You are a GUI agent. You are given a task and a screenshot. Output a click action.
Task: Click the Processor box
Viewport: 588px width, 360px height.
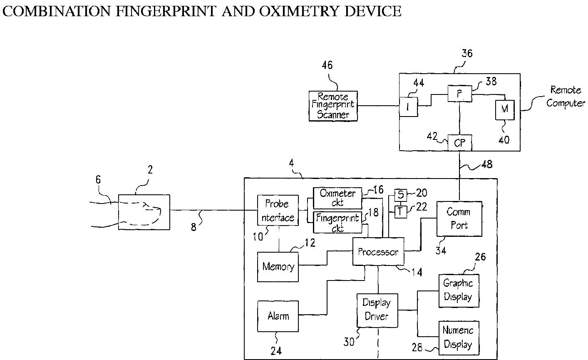click(378, 251)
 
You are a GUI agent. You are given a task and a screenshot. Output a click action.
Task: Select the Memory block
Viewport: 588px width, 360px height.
click(278, 267)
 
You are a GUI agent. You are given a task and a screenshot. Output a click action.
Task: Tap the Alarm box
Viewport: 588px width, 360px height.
click(278, 316)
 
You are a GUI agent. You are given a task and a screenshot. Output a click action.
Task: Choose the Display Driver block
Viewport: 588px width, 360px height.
click(377, 310)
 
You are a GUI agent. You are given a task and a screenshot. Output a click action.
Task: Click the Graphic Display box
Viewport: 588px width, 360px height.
click(459, 290)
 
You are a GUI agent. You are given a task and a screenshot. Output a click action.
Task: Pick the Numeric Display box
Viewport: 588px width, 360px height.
click(459, 338)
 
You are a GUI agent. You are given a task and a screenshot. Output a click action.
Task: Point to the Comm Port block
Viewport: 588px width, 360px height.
click(459, 219)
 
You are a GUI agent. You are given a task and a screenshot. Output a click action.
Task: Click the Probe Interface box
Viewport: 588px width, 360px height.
click(278, 210)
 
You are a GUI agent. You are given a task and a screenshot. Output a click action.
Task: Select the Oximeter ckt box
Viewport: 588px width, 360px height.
click(337, 198)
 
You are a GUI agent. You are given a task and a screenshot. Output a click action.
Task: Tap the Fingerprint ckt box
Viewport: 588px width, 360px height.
click(337, 222)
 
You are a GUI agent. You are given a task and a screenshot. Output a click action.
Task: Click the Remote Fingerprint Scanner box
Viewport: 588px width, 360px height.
click(333, 106)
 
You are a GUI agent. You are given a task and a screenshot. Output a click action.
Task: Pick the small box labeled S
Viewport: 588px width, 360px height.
click(401, 195)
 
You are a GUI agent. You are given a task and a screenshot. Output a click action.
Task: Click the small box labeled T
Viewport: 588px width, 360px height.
click(401, 212)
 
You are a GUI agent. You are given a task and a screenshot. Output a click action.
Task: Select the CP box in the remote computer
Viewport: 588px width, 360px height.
click(459, 143)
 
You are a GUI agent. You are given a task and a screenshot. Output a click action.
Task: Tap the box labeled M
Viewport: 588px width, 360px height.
click(505, 110)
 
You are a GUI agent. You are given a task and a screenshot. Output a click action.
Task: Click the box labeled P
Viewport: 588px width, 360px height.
click(460, 94)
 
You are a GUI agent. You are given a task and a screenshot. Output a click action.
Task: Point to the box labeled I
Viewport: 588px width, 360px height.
click(409, 107)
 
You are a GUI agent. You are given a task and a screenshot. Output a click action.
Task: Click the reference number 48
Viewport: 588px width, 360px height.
click(487, 164)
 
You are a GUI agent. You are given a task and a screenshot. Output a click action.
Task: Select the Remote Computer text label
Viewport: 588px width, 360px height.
click(566, 97)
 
